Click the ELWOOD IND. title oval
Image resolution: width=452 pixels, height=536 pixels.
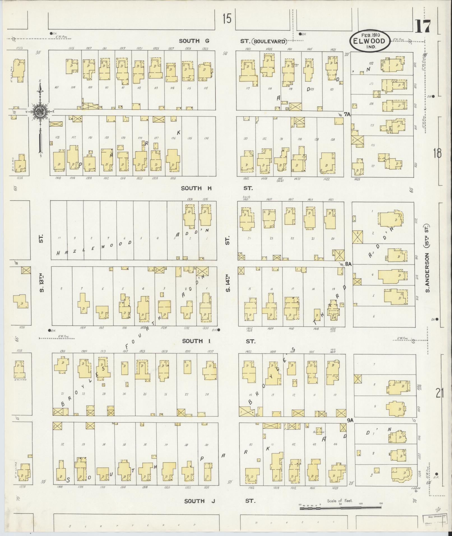369,41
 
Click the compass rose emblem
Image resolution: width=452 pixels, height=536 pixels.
40,111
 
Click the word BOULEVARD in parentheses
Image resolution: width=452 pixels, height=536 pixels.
269,42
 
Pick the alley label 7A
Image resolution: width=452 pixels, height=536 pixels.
347,114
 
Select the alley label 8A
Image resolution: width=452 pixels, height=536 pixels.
348,264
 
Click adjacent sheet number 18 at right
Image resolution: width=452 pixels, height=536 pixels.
437,153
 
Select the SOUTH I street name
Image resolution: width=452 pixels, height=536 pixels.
193,341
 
